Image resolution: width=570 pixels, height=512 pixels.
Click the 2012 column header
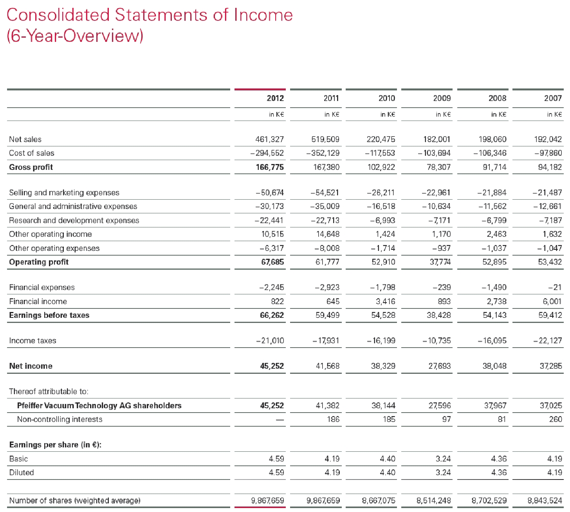tap(275, 98)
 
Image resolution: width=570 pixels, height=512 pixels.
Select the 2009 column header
tap(442, 98)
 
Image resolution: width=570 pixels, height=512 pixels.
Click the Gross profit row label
tap(31, 167)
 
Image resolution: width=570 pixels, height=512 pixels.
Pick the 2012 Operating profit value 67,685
tap(272, 262)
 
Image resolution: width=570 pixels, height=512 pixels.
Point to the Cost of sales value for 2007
tap(548, 153)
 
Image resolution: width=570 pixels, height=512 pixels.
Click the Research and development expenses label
tap(74, 220)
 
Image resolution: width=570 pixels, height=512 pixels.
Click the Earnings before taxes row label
tap(49, 315)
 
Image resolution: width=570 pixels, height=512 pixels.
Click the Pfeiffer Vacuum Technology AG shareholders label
tap(99, 406)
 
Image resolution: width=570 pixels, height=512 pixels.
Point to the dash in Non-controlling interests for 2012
tap(279, 420)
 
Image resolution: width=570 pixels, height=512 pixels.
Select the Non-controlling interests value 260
tap(556, 419)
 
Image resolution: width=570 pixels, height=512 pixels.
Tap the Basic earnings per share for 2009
tap(443, 459)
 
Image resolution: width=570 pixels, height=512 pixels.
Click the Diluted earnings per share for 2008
tap(499, 472)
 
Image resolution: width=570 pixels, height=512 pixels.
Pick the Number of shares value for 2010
tap(379, 500)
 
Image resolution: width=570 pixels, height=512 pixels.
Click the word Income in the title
tap(263, 15)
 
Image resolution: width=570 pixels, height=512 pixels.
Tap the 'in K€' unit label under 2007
tap(555, 114)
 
